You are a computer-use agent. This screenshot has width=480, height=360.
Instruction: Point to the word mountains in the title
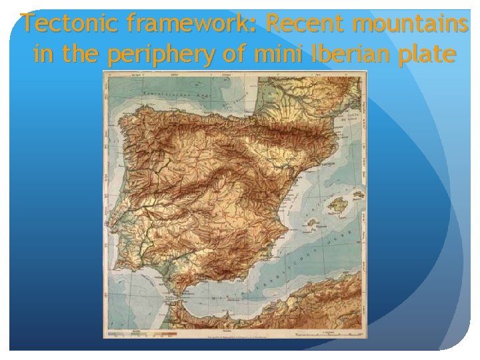[410, 25]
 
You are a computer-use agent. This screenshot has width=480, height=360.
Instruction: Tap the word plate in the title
[421, 55]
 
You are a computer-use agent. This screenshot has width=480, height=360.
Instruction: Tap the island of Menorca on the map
[358, 196]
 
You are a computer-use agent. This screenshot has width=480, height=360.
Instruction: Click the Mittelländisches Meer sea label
[293, 267]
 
